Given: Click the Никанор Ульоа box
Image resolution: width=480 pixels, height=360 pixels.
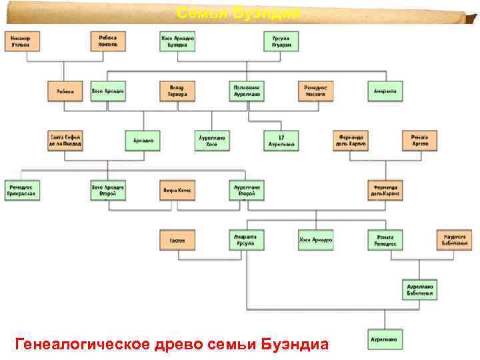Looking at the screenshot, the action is (x=24, y=41).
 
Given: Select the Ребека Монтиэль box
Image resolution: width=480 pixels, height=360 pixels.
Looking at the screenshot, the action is (x=107, y=41).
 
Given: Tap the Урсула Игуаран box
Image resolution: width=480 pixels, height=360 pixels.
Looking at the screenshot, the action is (x=281, y=41).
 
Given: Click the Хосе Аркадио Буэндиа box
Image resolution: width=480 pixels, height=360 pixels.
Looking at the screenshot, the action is (x=177, y=41).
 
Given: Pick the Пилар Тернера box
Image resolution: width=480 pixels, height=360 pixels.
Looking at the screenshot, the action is (x=177, y=91).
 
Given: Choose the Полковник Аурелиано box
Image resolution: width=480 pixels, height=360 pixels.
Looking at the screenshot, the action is (x=247, y=91).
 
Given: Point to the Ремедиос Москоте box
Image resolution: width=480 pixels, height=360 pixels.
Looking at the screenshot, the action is (x=315, y=91).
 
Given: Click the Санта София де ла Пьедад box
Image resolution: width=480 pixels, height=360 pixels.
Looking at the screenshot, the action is (x=65, y=140).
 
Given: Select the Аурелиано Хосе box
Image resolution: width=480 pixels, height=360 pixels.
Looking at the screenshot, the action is (x=212, y=140).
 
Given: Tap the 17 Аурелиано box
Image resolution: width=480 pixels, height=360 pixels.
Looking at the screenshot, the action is (x=281, y=140).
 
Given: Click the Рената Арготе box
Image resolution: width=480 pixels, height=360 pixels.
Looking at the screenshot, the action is (x=420, y=140).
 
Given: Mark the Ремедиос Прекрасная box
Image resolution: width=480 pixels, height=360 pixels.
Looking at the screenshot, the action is (x=22, y=190).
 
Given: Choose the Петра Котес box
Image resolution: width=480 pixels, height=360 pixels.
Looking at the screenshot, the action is (x=177, y=190).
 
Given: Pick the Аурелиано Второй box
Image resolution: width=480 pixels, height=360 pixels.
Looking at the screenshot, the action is (x=246, y=190).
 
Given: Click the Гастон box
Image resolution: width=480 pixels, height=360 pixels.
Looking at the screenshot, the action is (x=177, y=239).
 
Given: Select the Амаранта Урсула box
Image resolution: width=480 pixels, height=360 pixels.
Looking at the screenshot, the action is (x=246, y=239).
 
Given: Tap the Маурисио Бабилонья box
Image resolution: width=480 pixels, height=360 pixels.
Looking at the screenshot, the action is (x=454, y=239).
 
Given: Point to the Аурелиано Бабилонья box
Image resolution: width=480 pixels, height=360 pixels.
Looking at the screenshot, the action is (x=420, y=289).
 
